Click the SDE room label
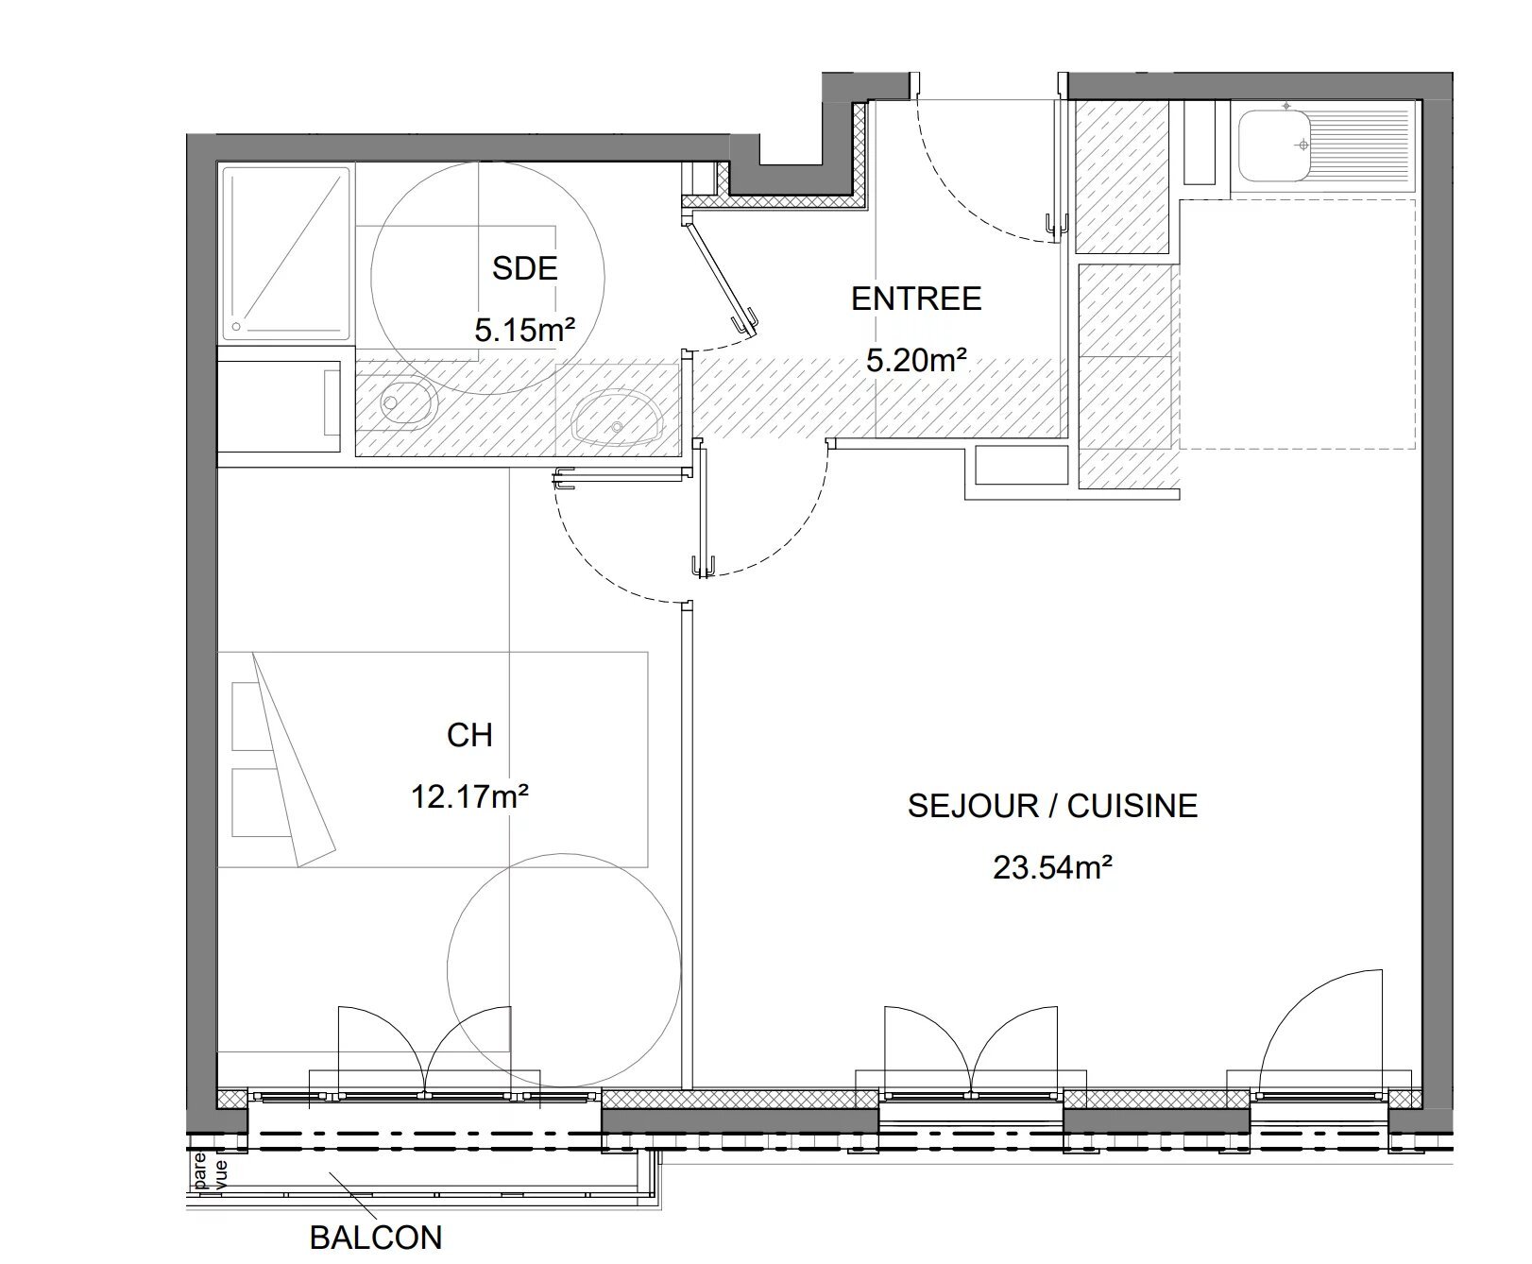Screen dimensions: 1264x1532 (x=525, y=269)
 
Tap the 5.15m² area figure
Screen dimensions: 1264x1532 (x=525, y=331)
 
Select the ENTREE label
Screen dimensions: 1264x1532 (x=916, y=299)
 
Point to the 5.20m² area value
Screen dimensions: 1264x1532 (x=916, y=360)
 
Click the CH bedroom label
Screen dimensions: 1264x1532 (x=469, y=735)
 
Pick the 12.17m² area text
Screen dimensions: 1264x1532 (x=469, y=797)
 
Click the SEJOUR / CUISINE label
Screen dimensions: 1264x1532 (x=1052, y=806)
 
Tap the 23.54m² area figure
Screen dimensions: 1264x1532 (x=1052, y=867)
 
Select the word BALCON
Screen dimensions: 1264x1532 (x=375, y=1238)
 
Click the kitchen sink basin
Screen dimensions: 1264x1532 (x=1273, y=146)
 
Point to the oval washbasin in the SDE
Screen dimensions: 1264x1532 (x=613, y=418)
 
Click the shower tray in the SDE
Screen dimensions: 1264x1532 (x=286, y=251)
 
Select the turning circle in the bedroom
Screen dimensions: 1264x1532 (x=564, y=972)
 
